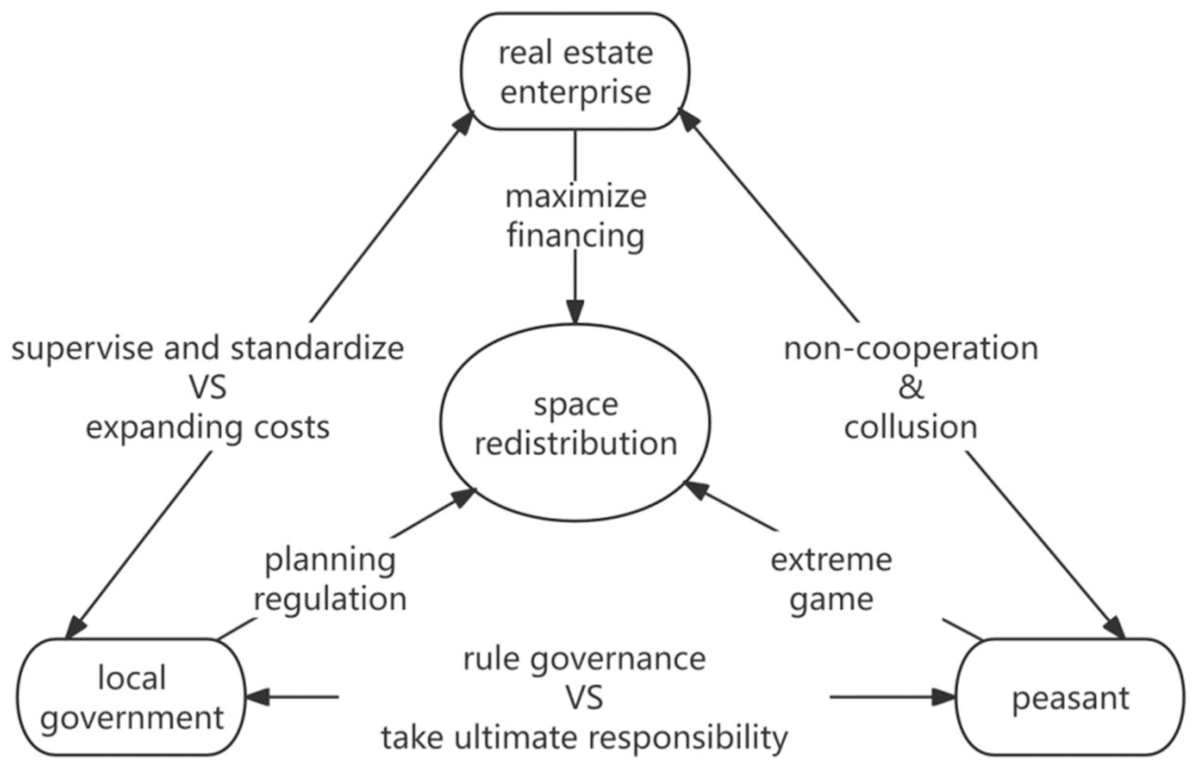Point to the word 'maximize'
click(x=575, y=197)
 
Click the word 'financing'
click(x=575, y=235)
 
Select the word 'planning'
click(x=330, y=561)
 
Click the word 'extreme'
click(x=831, y=560)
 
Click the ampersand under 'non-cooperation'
click(x=910, y=387)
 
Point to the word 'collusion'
click(x=910, y=427)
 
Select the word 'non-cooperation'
click(x=910, y=349)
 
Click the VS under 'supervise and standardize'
click(x=208, y=387)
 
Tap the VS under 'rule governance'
click(x=584, y=698)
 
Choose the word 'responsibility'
click(x=684, y=739)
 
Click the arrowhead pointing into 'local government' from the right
click(x=257, y=697)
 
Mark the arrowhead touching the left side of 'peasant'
click(x=943, y=697)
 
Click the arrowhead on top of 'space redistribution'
click(x=575, y=312)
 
